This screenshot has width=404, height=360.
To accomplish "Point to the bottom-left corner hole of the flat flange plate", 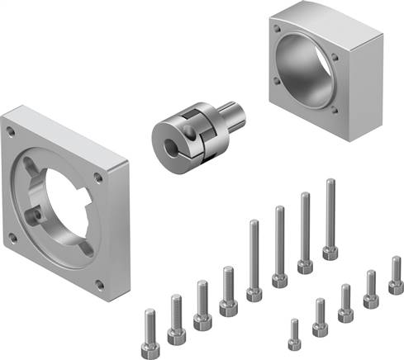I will point(13,237).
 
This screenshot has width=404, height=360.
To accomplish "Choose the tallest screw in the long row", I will point(330,219).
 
